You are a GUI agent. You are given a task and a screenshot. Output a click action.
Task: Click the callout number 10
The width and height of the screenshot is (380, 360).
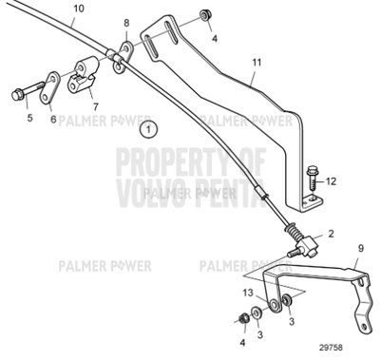point(78,9)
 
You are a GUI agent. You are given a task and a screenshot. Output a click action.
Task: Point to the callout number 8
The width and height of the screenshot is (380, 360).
point(126,22)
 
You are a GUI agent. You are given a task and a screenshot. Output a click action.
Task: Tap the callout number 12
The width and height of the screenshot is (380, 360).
point(332,179)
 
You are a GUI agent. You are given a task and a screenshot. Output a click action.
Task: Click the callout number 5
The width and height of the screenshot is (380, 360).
point(29,118)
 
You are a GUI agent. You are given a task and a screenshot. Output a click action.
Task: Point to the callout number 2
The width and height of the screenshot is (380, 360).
point(332,232)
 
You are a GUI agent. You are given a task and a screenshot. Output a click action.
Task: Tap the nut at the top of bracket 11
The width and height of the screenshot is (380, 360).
point(205,17)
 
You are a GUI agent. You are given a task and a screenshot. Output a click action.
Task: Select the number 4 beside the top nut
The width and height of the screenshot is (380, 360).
point(215,38)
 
